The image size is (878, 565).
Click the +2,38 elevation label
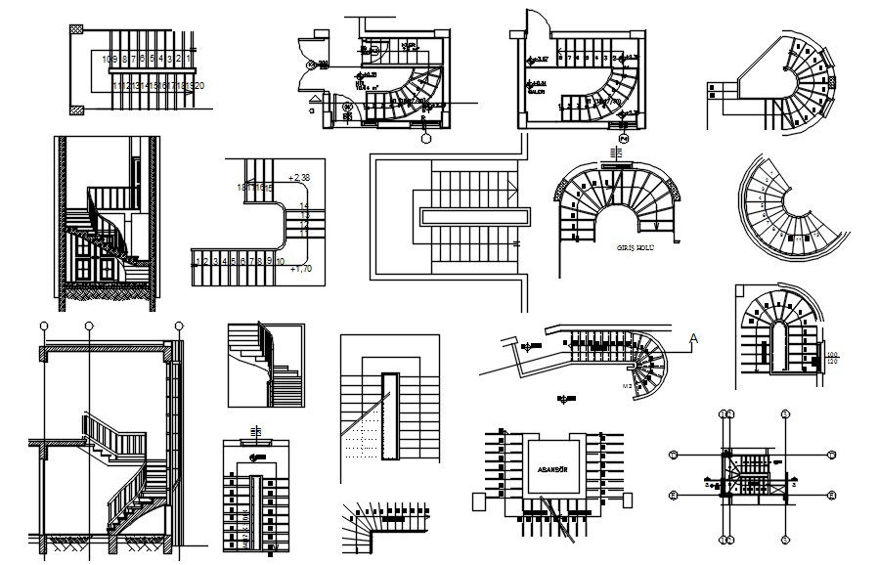(x=299, y=177)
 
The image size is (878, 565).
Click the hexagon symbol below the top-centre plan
(x=426, y=137)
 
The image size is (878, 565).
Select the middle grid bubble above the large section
(x=89, y=326)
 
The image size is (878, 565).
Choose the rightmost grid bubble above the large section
(x=178, y=326)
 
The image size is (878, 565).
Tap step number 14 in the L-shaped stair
(x=304, y=206)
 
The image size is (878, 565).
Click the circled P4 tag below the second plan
(x=621, y=141)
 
